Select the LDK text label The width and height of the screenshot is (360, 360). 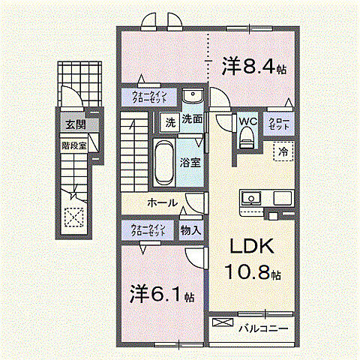pos(249,247)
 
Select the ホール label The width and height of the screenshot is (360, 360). pos(161,202)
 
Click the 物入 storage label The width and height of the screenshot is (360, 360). pos(190,230)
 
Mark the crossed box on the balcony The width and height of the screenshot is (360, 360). pos(223,323)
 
